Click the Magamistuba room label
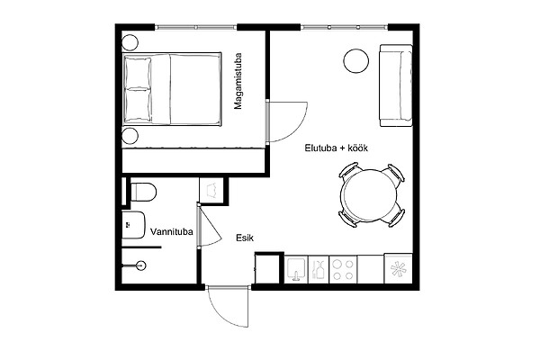pos(238,81)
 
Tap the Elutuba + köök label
pos(336,148)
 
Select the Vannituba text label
pos(172,232)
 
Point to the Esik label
pos(245,238)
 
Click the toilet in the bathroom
pos(144,192)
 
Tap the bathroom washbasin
pos(133,225)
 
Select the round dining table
pos(368,195)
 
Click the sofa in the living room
pos(396,85)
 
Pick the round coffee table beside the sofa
pos(356,60)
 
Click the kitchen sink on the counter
pos(296,270)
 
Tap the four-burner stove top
pos(343,270)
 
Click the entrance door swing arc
pos(220,313)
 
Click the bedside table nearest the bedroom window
pos(130,42)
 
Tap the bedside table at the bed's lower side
pos(130,135)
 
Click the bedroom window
pos(195,27)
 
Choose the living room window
pos(344,27)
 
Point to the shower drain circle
pos(141,265)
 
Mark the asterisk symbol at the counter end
pos(399,269)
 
